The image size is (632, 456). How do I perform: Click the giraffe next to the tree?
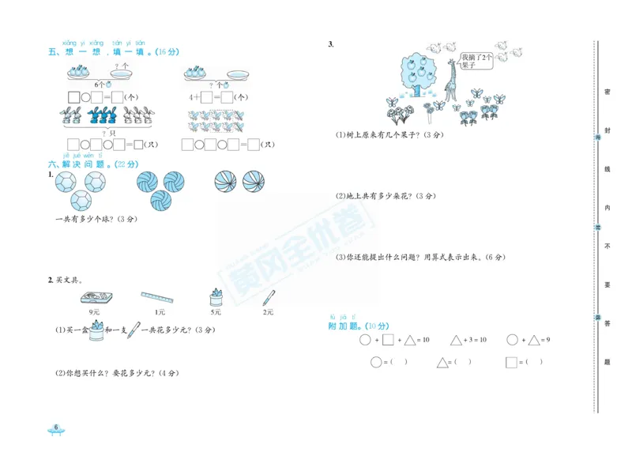pos(451,81)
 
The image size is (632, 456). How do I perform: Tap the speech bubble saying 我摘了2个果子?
pos(478,62)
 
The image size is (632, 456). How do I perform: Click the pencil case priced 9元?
pos(96,298)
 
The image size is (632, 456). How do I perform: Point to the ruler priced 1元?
pos(157,298)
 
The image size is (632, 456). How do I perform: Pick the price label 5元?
pos(215,312)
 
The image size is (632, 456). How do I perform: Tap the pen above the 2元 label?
pos(269,298)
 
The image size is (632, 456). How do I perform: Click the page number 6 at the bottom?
pos(56,428)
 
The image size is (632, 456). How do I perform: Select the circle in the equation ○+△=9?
pos(513,341)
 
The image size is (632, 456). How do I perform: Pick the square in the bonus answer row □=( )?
pos(511,363)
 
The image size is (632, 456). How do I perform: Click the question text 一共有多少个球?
pos(96,219)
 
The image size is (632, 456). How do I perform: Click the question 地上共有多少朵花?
pos(386,196)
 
